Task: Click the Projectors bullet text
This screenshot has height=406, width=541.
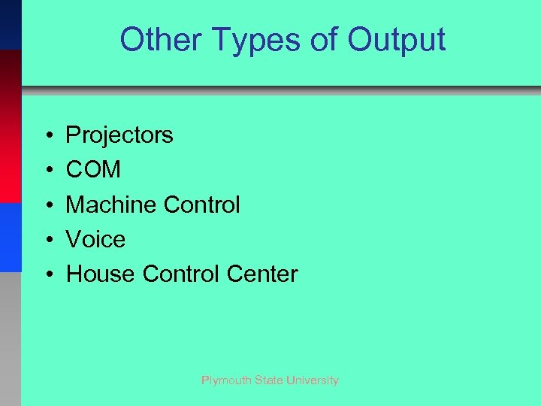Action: [x=119, y=135]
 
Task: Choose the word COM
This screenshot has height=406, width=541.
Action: [x=93, y=170]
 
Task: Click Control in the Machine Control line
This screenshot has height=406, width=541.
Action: [x=202, y=205]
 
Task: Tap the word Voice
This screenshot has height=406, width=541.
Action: [x=95, y=240]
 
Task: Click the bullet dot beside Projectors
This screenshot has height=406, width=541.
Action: [x=47, y=136]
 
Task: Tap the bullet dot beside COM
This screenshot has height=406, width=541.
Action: [x=47, y=171]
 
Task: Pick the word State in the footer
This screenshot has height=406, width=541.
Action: [x=267, y=380]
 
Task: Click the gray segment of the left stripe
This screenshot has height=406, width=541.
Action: [x=10, y=338]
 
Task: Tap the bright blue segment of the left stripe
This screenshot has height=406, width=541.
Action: [x=10, y=237]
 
